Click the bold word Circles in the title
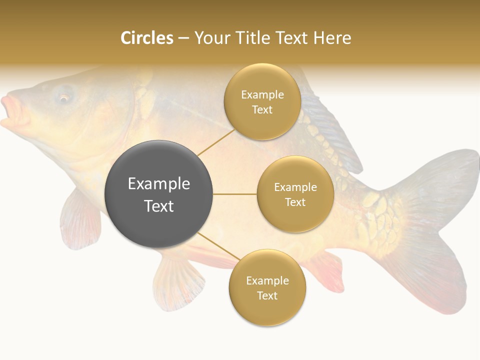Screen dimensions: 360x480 coord(146,38)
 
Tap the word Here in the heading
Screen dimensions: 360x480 coord(332,38)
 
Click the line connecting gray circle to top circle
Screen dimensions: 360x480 coord(216,142)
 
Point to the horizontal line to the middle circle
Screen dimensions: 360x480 coord(234,194)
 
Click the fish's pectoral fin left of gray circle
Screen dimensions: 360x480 coord(80,220)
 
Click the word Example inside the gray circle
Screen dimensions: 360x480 coord(158,184)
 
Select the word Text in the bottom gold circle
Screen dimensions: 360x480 coord(267,295)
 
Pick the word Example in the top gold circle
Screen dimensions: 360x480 coord(262,94)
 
